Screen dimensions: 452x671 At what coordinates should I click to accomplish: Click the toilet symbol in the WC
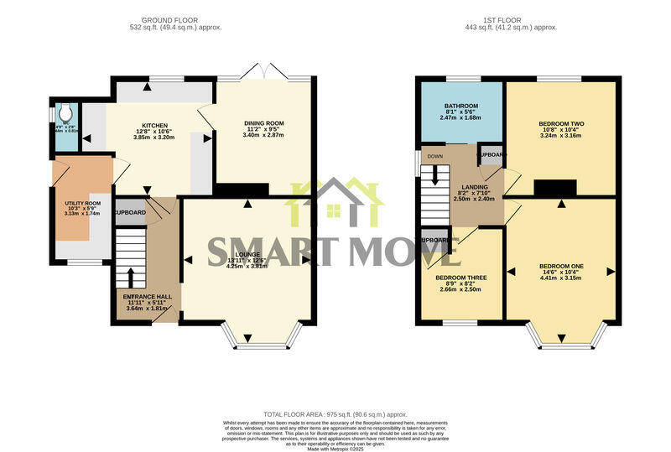[65, 111]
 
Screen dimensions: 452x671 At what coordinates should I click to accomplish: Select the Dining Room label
[263, 123]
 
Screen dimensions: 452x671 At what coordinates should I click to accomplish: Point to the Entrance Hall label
[147, 298]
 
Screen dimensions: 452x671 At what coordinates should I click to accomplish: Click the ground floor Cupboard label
[130, 212]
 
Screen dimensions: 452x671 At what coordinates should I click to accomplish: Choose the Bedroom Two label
[561, 124]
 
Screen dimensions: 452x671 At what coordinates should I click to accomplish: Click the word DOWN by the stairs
[434, 156]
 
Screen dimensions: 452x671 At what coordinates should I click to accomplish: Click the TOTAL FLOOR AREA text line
[335, 414]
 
